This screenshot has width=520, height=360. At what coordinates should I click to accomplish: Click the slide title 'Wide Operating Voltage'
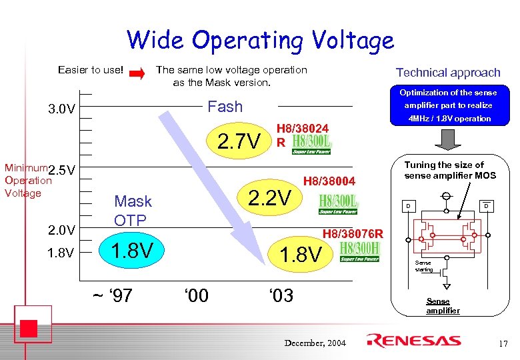pos(260,40)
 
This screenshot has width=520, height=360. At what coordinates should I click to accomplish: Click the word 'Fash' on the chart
pos(225,107)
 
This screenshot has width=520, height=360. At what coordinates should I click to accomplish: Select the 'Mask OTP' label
pos(133,210)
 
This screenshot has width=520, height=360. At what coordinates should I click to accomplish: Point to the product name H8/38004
pos(329,180)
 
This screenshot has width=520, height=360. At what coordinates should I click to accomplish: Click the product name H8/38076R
pos(353,233)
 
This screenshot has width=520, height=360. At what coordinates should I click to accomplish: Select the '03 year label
pos(280,295)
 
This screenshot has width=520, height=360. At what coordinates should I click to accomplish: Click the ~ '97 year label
pos(114,295)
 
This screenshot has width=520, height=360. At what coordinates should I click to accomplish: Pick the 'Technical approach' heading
pos(447,72)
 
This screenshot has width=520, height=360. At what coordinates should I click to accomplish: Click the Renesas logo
pos(413,341)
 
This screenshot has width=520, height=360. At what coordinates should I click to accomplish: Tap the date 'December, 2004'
pos(315,343)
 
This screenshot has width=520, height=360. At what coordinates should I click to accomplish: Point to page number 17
pos(503,343)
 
